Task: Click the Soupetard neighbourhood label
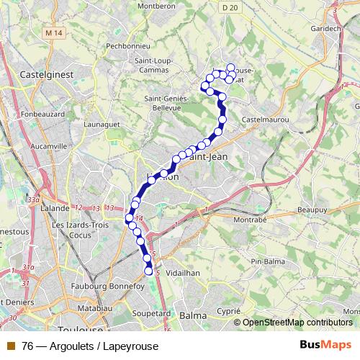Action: pyautogui.click(x=152, y=314)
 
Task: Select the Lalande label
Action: pyautogui.click(x=55, y=207)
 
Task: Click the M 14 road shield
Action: pyautogui.click(x=52, y=32)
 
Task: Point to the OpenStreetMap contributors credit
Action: pyautogui.click(x=297, y=323)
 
